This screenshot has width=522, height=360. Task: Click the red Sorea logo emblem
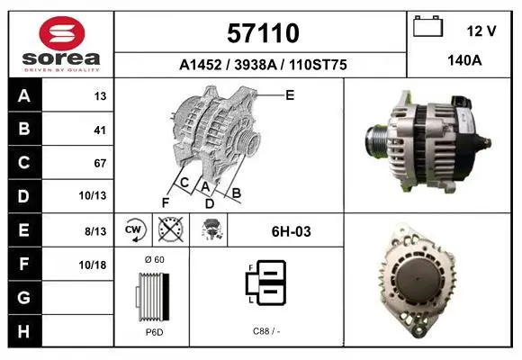(x=62, y=33)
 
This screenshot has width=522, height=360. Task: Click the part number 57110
(x=263, y=33)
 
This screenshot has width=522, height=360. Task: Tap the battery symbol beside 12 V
(x=427, y=26)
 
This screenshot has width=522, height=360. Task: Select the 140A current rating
(x=464, y=60)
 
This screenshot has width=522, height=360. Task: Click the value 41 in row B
(x=100, y=130)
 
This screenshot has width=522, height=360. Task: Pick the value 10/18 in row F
(x=93, y=265)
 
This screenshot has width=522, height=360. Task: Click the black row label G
(x=24, y=297)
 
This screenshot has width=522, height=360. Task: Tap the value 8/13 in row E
(x=95, y=231)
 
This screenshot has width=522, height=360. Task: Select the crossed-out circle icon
(x=171, y=229)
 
